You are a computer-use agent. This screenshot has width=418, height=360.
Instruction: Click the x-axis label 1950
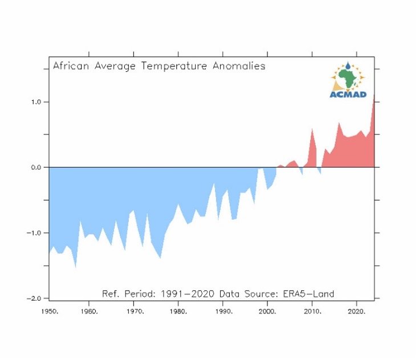point(50,312)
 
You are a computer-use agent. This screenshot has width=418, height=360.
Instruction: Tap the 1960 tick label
point(90,312)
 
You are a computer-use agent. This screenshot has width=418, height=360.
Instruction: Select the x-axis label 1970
point(135,312)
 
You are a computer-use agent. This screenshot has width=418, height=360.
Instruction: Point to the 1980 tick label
point(178,312)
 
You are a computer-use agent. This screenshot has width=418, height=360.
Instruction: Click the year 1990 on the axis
point(224,312)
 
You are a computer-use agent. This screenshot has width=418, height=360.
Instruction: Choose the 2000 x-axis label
point(267,312)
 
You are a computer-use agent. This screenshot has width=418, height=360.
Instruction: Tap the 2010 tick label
point(313,312)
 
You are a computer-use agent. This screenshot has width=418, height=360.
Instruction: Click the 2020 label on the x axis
point(356,312)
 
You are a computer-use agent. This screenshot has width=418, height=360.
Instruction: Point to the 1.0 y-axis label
point(36,102)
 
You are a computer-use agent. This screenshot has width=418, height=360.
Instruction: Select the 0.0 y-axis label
point(36,167)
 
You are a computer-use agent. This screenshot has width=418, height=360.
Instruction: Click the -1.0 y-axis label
point(34,233)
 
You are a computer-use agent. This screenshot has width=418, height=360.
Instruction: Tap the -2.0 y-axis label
point(34,298)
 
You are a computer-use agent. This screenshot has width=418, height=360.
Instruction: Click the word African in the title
point(71,66)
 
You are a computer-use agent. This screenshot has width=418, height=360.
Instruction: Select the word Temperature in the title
point(174,66)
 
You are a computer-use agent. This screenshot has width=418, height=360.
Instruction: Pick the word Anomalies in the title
point(239,66)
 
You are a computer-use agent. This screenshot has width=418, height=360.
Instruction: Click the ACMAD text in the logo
point(348,94)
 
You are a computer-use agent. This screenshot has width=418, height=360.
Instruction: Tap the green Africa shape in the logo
point(347,78)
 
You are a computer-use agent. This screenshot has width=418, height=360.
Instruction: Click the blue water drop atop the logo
point(348,66)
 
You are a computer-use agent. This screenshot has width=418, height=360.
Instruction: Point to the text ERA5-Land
point(309,294)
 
